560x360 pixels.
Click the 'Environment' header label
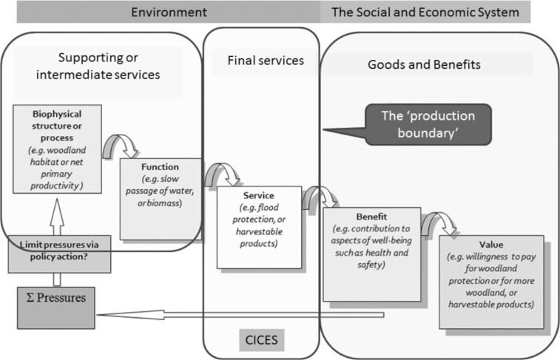pyautogui.click(x=169, y=12)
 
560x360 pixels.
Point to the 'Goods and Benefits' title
pyautogui.click(x=424, y=64)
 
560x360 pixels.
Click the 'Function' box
pyautogui.click(x=160, y=197)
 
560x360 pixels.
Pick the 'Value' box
pyautogui.click(x=491, y=282)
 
